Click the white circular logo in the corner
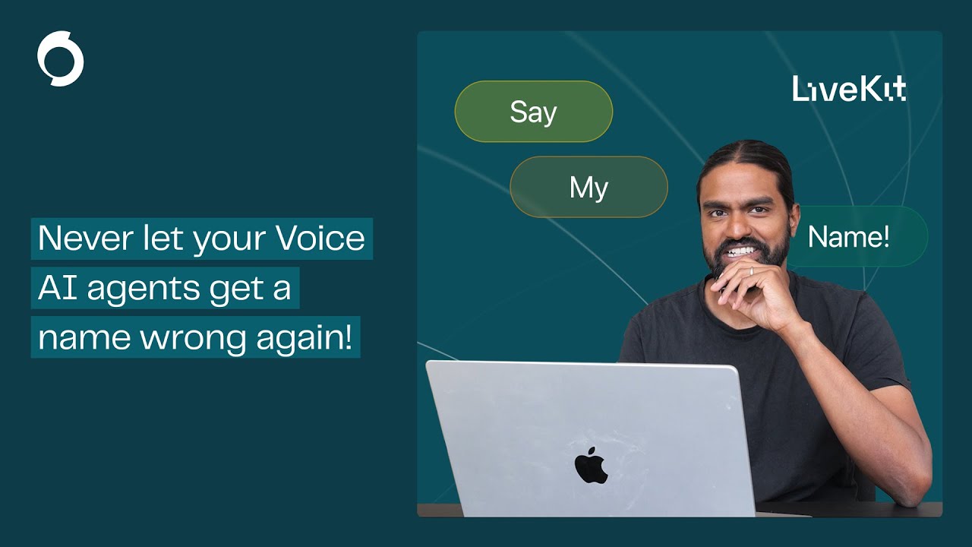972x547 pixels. click(x=60, y=58)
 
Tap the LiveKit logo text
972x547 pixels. click(x=849, y=89)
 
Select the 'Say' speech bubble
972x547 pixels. click(x=533, y=112)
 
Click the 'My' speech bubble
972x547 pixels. click(x=589, y=187)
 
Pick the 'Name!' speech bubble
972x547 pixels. click(x=849, y=237)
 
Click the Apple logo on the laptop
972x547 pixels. click(x=591, y=465)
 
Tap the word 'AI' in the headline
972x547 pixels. click(x=57, y=289)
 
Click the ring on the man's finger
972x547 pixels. click(x=751, y=270)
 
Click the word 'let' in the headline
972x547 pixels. click(x=156, y=239)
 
